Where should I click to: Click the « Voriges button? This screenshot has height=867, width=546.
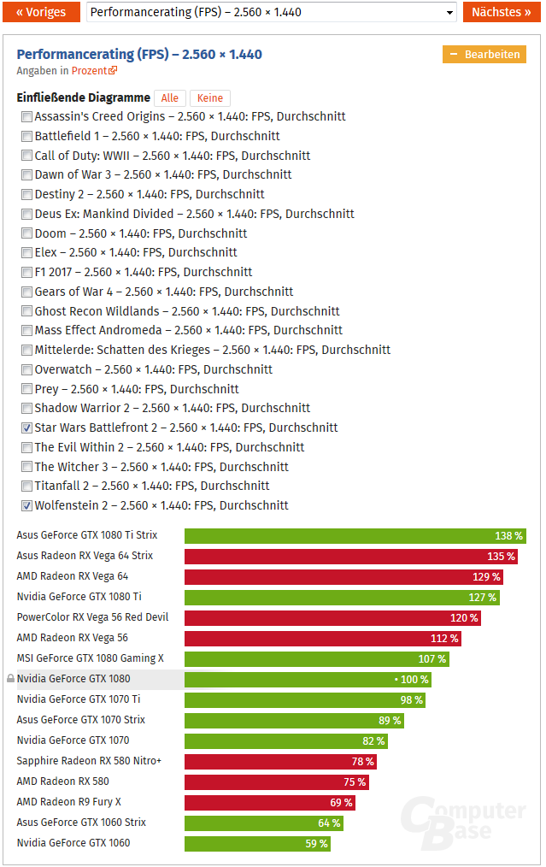coord(40,12)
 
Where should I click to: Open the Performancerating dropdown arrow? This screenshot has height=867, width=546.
coord(450,13)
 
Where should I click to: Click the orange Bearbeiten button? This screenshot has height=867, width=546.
coord(484,54)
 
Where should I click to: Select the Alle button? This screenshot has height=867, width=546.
coord(169,98)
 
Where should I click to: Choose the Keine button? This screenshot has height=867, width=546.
coord(209,98)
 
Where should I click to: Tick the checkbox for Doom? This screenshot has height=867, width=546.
coord(27,233)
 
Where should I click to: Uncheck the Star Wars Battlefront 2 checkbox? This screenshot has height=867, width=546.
coord(27,428)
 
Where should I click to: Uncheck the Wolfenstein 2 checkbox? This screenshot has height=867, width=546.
coord(27,505)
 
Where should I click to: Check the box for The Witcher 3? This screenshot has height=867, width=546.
coord(27,467)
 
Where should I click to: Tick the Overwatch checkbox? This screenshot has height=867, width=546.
coord(27,369)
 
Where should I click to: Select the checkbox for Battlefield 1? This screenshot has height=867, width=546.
coord(27,136)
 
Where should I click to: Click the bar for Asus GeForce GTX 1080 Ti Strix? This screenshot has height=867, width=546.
coord(355,536)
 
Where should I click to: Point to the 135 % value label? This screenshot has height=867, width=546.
coord(501,557)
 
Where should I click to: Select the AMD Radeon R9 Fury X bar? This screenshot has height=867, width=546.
coord(269,803)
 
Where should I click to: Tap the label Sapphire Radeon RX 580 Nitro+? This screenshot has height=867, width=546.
coord(89,761)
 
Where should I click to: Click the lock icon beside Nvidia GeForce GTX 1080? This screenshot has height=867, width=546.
coord(10,679)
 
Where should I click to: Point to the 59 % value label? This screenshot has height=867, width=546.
coord(316,844)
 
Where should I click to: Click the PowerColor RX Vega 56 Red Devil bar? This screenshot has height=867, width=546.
coord(332,618)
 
